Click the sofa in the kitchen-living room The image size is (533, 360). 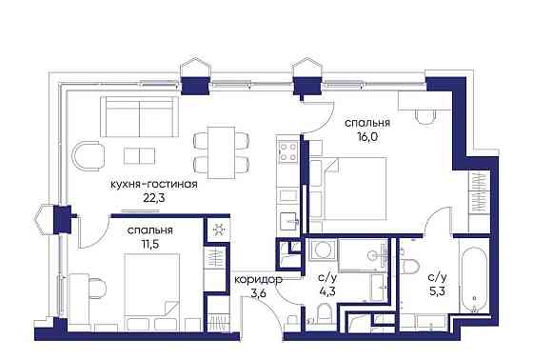140,119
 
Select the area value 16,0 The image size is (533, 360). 362,135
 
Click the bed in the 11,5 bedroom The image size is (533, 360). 144,297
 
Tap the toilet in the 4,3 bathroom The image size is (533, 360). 325,313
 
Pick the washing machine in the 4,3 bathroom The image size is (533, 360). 322,251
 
